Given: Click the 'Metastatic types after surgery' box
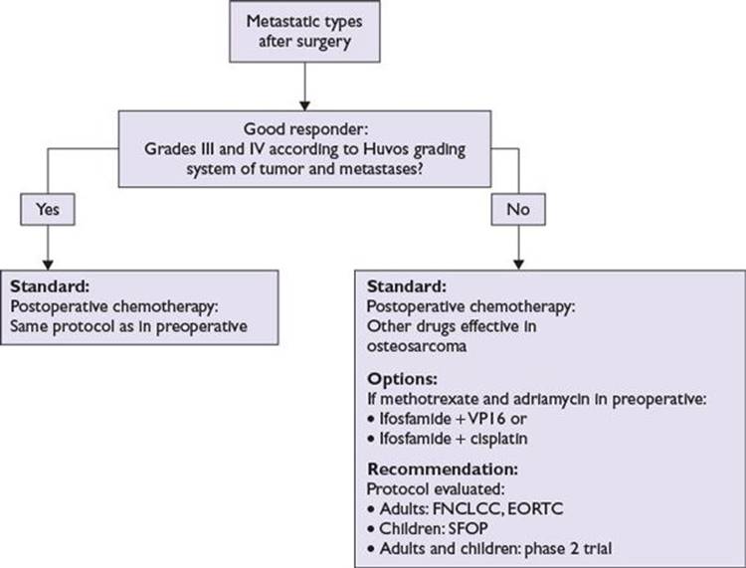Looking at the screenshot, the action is coord(304,32).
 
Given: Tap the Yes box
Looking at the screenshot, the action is coord(48,209).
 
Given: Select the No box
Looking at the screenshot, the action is coord(518,209).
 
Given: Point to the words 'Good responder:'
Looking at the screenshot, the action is coord(306,129).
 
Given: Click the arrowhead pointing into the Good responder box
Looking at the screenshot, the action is coord(305,105).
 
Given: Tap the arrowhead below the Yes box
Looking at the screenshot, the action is coord(48,265).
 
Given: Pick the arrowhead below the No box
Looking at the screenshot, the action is coord(518,265).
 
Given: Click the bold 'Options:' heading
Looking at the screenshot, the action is coord(402,379).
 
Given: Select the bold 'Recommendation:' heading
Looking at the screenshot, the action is coord(443,470).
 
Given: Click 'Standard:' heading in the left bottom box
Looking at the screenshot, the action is coord(50,286).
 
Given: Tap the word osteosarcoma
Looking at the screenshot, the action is coord(417,346).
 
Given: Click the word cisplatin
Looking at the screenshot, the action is coord(498,439).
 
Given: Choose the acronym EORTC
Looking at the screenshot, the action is coord(535,508).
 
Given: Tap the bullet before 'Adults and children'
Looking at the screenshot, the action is coord(371,549).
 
